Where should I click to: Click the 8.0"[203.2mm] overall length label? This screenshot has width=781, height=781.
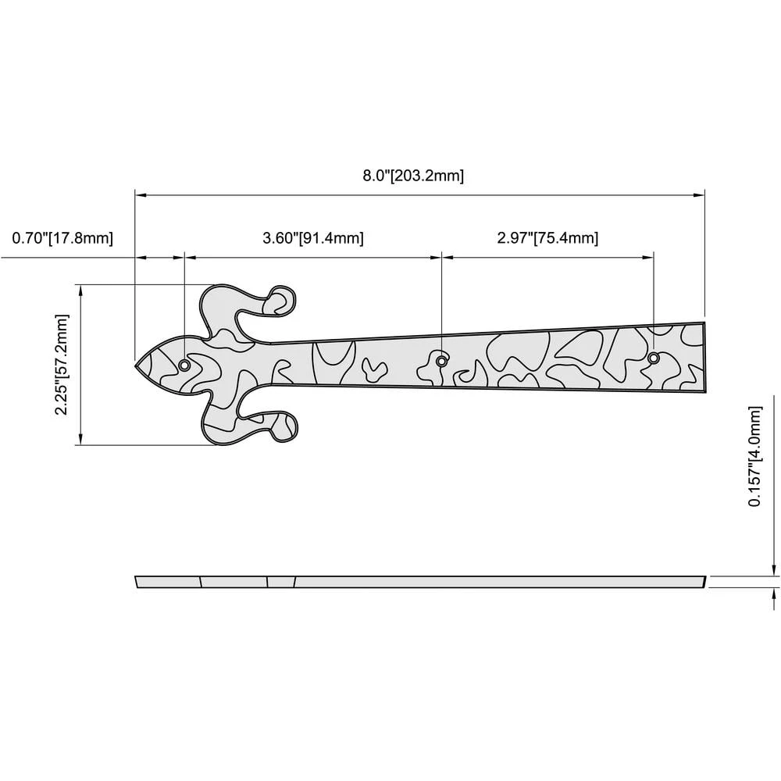click(x=413, y=176)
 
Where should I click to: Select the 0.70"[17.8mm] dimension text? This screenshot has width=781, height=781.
click(x=62, y=238)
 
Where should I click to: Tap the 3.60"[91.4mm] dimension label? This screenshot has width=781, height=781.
click(x=313, y=238)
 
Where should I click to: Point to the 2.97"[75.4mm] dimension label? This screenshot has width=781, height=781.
click(x=547, y=238)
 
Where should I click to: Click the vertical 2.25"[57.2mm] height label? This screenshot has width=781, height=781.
click(x=61, y=365)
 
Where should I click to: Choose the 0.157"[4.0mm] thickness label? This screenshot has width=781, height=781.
click(x=755, y=457)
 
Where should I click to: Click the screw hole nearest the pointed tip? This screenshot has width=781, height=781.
click(x=184, y=366)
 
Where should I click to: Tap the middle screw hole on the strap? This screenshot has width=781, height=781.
click(x=441, y=361)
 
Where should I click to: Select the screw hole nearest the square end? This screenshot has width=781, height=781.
click(x=654, y=358)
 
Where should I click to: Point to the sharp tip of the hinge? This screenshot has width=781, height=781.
click(x=135, y=366)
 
